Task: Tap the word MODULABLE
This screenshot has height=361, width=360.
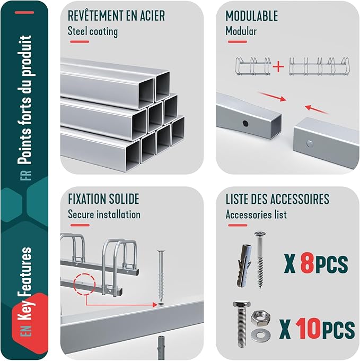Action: click(x=252, y=16)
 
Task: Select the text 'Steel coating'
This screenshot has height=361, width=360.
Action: click(x=93, y=31)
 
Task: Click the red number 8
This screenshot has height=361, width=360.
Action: click(x=308, y=263)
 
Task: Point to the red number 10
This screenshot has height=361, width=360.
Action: click(x=308, y=329)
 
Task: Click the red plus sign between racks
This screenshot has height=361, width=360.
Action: click(x=278, y=67)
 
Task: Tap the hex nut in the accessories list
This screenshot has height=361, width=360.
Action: click(x=260, y=318)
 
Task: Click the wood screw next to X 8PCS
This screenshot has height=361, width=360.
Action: click(x=260, y=260)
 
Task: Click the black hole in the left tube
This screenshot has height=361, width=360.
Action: click(x=245, y=124)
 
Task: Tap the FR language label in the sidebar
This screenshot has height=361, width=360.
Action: click(x=28, y=175)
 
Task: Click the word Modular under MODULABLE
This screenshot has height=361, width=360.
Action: click(x=241, y=31)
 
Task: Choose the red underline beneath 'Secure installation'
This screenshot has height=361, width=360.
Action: click(x=80, y=225)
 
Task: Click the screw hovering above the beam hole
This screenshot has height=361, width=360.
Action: click(x=161, y=276)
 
